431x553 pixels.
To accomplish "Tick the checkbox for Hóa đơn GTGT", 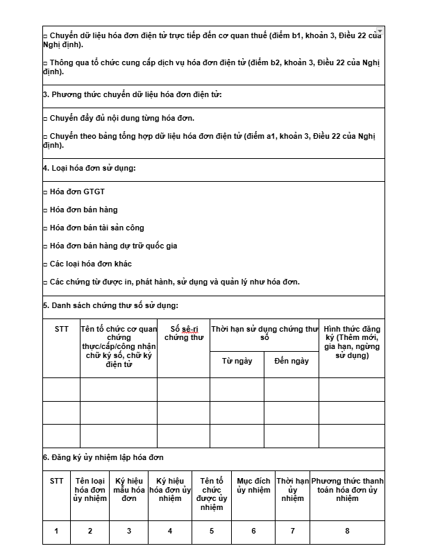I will click(x=45, y=192).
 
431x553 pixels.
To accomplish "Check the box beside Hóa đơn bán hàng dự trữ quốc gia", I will click(x=45, y=246).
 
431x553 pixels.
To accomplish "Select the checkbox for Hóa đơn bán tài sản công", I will click(x=45, y=228).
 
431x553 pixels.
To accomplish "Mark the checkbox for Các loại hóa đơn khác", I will click(x=45, y=264).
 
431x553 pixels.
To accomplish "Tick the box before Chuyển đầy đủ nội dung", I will click(x=45, y=119).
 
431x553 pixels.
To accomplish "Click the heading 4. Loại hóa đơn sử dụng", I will click(x=89, y=169).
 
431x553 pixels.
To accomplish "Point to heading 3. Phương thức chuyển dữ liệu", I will click(x=132, y=94).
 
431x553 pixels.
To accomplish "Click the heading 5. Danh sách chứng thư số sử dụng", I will click(x=110, y=305).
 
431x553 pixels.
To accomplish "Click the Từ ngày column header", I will click(x=237, y=361).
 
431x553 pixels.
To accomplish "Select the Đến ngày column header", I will click(x=291, y=361).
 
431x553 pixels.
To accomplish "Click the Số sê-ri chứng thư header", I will click(x=184, y=333).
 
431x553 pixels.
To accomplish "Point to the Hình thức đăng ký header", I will click(x=351, y=342).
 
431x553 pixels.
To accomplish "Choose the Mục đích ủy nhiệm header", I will click(x=253, y=485).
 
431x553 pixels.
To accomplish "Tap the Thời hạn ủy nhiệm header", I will click(x=292, y=489).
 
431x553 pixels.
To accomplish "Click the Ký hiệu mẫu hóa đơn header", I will click(x=128, y=489).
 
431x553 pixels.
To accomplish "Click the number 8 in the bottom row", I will click(x=347, y=531).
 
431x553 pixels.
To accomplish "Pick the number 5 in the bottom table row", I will click(x=212, y=531).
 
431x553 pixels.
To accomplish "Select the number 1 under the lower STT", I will click(x=56, y=531).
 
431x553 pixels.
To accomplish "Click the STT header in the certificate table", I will click(x=61, y=329).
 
